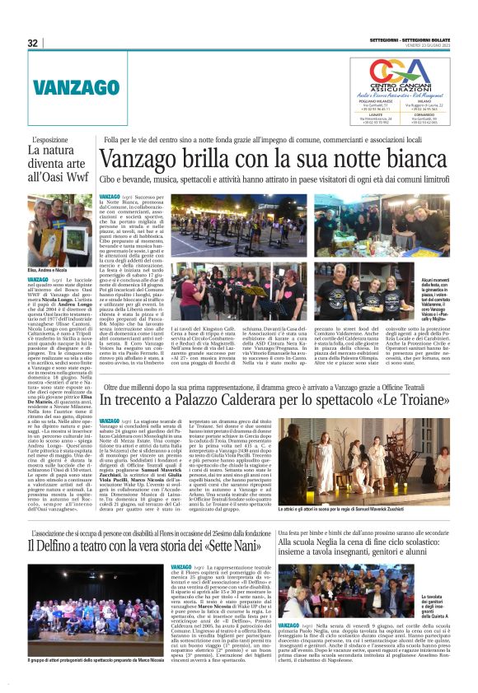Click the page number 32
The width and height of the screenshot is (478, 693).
pos(32,43)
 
